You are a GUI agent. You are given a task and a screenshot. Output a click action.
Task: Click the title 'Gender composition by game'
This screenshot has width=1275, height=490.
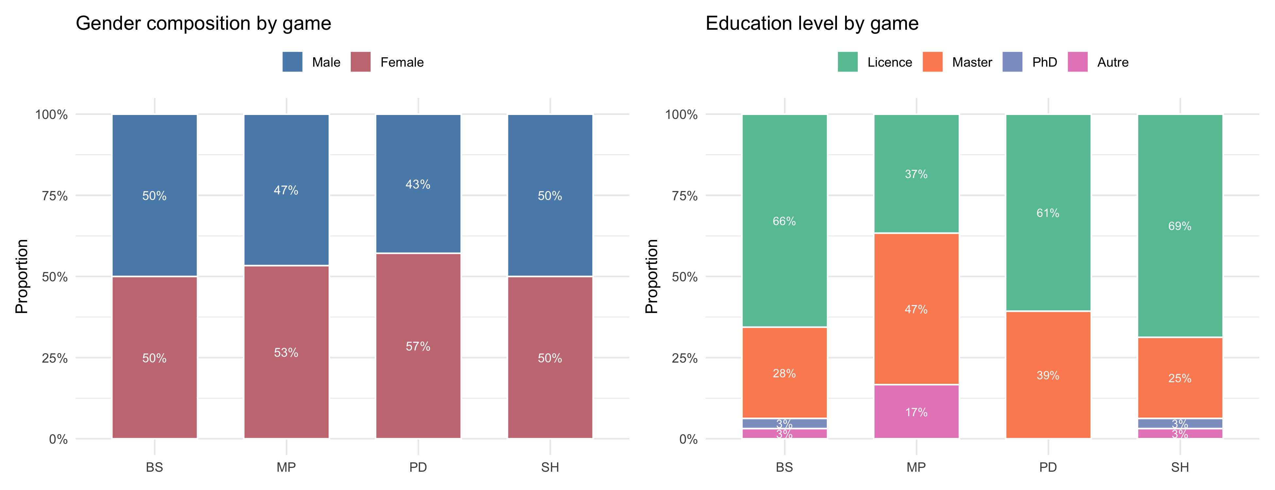(203, 23)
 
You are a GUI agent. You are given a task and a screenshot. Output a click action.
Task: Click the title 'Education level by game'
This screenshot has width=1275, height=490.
(812, 23)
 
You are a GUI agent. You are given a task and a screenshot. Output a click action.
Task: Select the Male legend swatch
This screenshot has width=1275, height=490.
(292, 62)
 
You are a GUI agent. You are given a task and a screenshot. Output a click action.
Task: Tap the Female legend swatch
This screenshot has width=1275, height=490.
(360, 62)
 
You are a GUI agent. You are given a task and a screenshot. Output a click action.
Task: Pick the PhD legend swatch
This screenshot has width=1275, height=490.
(1012, 62)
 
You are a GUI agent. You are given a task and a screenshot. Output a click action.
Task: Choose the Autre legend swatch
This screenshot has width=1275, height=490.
(1078, 62)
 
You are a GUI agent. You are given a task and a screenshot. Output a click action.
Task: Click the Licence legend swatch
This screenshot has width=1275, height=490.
(847, 62)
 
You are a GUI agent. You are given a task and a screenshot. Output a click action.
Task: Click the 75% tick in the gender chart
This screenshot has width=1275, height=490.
(55, 196)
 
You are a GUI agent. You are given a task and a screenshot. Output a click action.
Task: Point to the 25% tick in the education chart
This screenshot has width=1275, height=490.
(685, 358)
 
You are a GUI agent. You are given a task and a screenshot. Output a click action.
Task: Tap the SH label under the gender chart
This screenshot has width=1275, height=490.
(550, 467)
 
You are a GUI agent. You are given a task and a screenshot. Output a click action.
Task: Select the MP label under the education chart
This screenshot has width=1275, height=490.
(916, 467)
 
